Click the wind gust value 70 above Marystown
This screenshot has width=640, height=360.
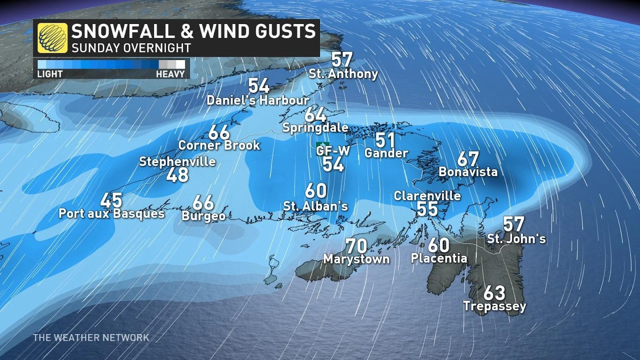pos(356,246)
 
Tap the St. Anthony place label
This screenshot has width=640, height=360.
pos(343,74)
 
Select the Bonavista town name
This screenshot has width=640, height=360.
pos(468,172)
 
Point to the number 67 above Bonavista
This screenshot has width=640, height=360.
pos(468,159)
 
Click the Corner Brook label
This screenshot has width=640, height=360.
pos(219,145)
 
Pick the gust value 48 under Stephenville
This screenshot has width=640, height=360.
pos(177,175)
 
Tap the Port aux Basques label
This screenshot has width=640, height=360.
pos(112,213)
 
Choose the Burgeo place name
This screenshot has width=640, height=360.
pos(204,216)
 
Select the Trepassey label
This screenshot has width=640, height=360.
pos(495,306)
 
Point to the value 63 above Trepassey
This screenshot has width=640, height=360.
pos(494,293)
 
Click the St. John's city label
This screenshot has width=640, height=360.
pos(516,239)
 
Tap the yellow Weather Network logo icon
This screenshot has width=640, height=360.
pos(52,38)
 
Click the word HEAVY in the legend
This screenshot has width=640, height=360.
pos(170,74)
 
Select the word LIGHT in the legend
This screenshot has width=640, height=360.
pos(50,74)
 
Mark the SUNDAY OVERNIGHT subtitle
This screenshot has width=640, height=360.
pos(131,48)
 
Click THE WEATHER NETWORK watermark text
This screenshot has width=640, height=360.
pos(91,338)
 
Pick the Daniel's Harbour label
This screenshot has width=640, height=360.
pos(258,100)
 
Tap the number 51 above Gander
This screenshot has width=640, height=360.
pos(386,140)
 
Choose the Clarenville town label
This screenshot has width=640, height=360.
pos(427,196)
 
